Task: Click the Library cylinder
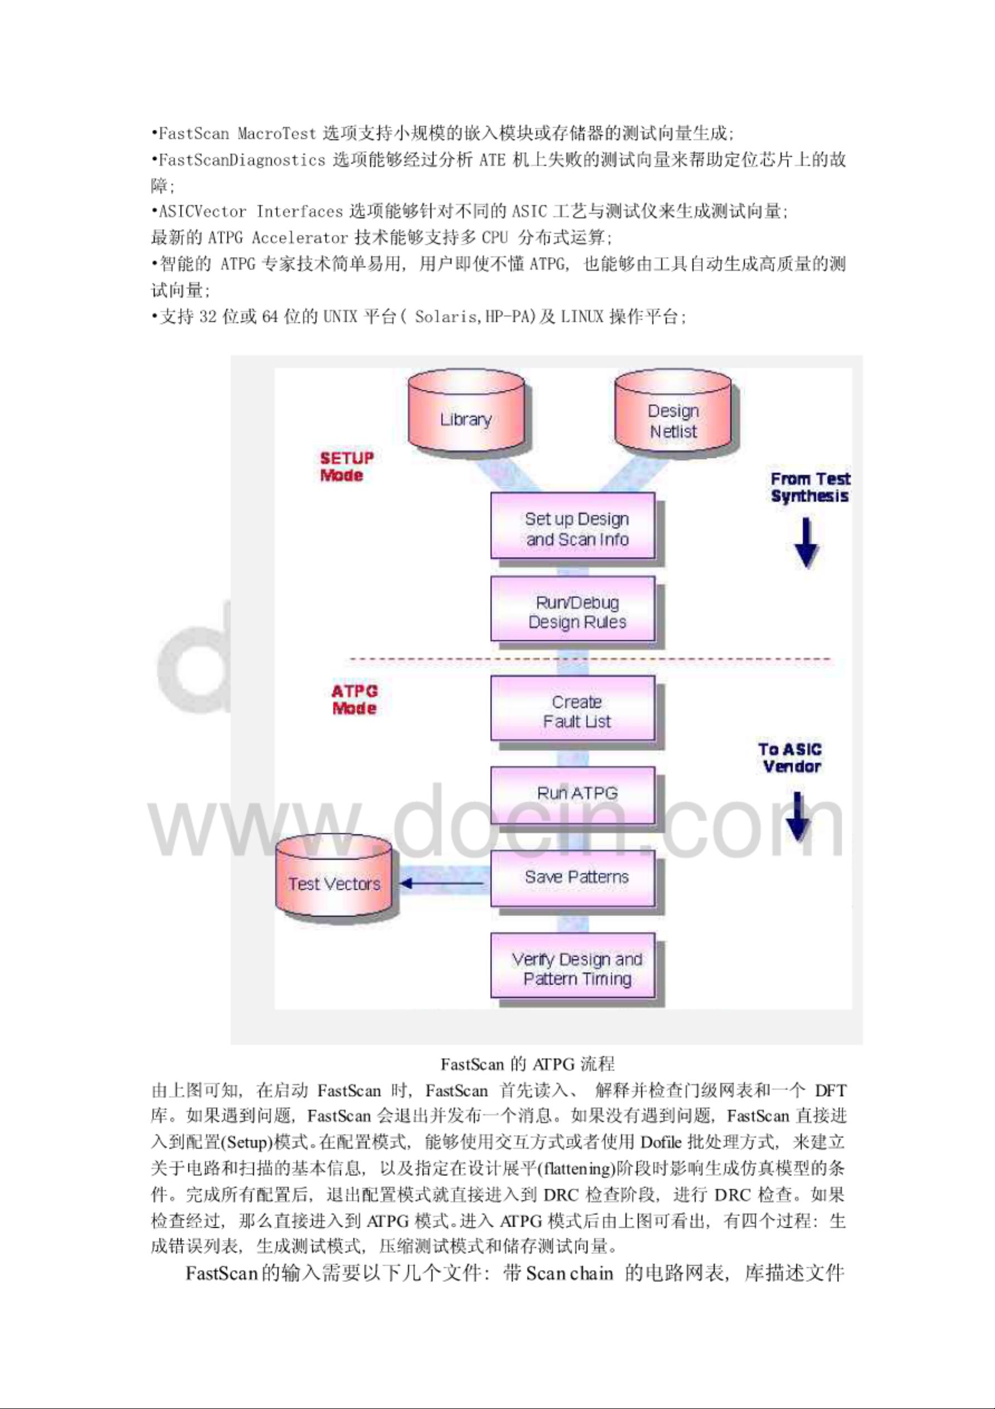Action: (x=466, y=410)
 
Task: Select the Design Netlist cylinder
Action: (x=673, y=410)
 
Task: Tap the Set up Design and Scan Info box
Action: (x=573, y=526)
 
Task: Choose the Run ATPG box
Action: (x=573, y=795)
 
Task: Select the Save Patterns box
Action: (x=573, y=878)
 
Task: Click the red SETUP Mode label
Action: (x=347, y=466)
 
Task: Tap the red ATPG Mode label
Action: (x=355, y=700)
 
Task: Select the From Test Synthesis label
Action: (x=810, y=487)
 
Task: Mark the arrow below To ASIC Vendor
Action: (x=798, y=816)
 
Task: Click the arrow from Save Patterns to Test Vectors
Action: (x=441, y=884)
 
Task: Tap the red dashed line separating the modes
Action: (x=590, y=660)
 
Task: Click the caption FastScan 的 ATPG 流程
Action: (x=527, y=1063)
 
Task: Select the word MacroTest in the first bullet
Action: (x=276, y=133)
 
